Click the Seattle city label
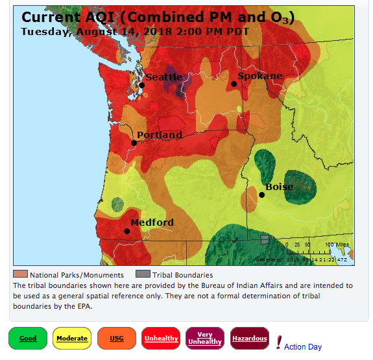[x=163, y=77]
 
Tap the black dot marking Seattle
[x=141, y=85]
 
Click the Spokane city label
[x=259, y=76]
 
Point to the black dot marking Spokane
[x=234, y=84]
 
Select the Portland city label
[x=160, y=135]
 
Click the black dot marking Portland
[x=134, y=143]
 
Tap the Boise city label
[x=279, y=187]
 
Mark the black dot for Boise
[x=262, y=195]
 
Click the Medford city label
[x=152, y=222]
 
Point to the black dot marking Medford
[x=127, y=231]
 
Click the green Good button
[x=28, y=338]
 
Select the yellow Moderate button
[x=72, y=338]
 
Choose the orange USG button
[x=117, y=338]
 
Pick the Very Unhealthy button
[x=204, y=338]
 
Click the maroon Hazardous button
[x=249, y=338]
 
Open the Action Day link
[x=302, y=347]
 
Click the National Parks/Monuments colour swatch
[x=21, y=274]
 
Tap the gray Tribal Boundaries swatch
[x=142, y=274]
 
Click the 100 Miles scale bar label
[x=337, y=245]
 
